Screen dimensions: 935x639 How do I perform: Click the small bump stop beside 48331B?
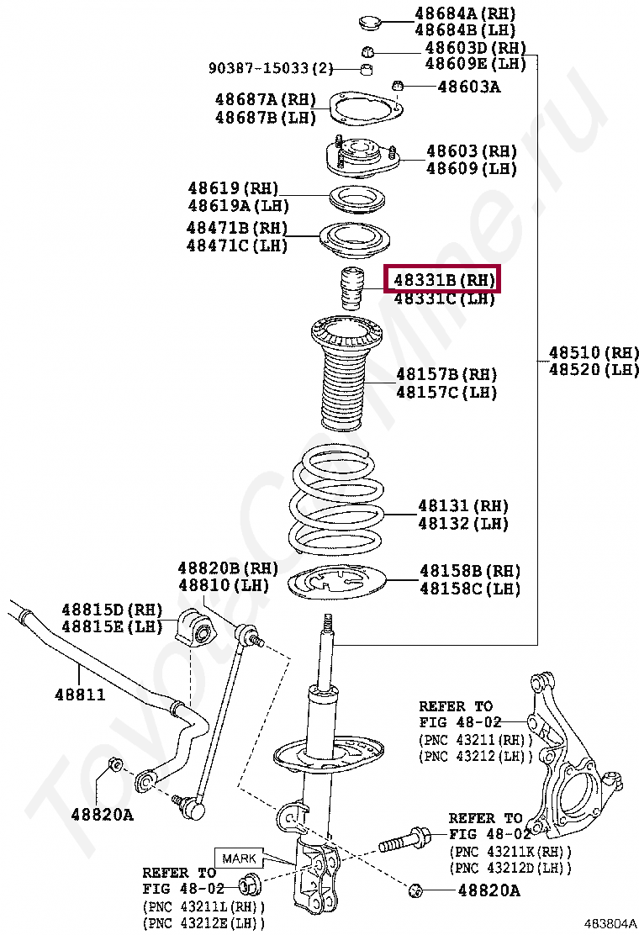tap(351, 289)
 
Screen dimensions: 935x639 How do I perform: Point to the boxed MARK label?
tap(239, 858)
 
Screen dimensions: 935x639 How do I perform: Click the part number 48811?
tap(81, 695)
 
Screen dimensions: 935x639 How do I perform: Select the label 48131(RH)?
tap(463, 505)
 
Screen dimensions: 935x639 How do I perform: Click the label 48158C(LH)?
tap(470, 589)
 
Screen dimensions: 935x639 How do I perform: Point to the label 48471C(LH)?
tap(237, 246)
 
